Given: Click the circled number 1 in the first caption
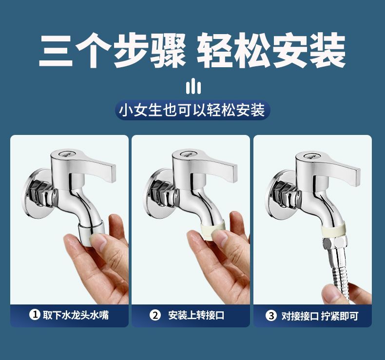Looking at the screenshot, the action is click(35, 315).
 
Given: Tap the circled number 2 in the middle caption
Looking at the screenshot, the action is click(155, 315).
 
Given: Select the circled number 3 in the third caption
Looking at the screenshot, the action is click(271, 316).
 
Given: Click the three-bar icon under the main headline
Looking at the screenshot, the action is click(193, 86).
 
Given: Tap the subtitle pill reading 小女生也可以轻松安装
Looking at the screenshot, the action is click(192, 110).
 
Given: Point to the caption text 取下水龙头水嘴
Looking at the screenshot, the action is click(76, 315).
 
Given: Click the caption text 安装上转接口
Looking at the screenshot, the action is click(196, 315).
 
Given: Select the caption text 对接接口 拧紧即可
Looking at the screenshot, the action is click(320, 316).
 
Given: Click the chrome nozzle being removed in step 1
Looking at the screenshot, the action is click(92, 233).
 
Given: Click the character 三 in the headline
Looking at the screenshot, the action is click(56, 51).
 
